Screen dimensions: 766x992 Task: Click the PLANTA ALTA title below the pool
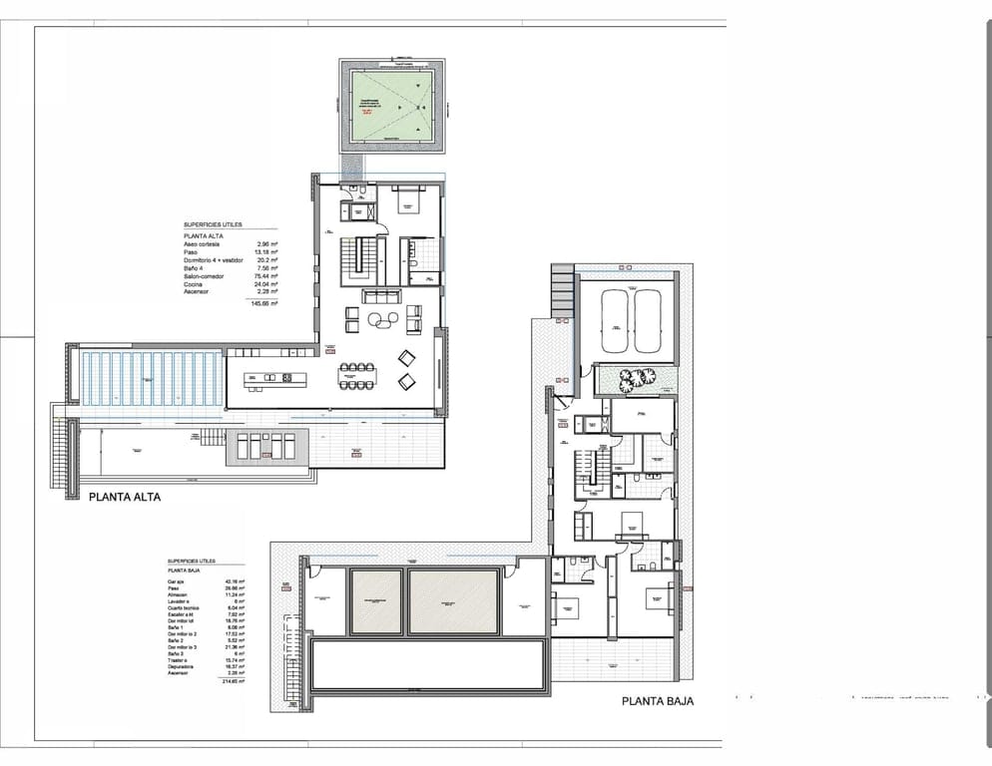point(125,496)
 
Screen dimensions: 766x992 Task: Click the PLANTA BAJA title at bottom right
point(658,701)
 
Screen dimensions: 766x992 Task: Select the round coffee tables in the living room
point(381,319)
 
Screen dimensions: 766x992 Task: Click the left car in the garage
point(617,320)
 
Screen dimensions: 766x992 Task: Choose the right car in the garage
point(648,320)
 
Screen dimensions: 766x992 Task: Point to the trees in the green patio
point(634,378)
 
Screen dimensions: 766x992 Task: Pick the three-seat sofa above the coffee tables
point(382,296)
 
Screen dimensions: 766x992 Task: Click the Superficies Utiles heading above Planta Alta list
point(213,225)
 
